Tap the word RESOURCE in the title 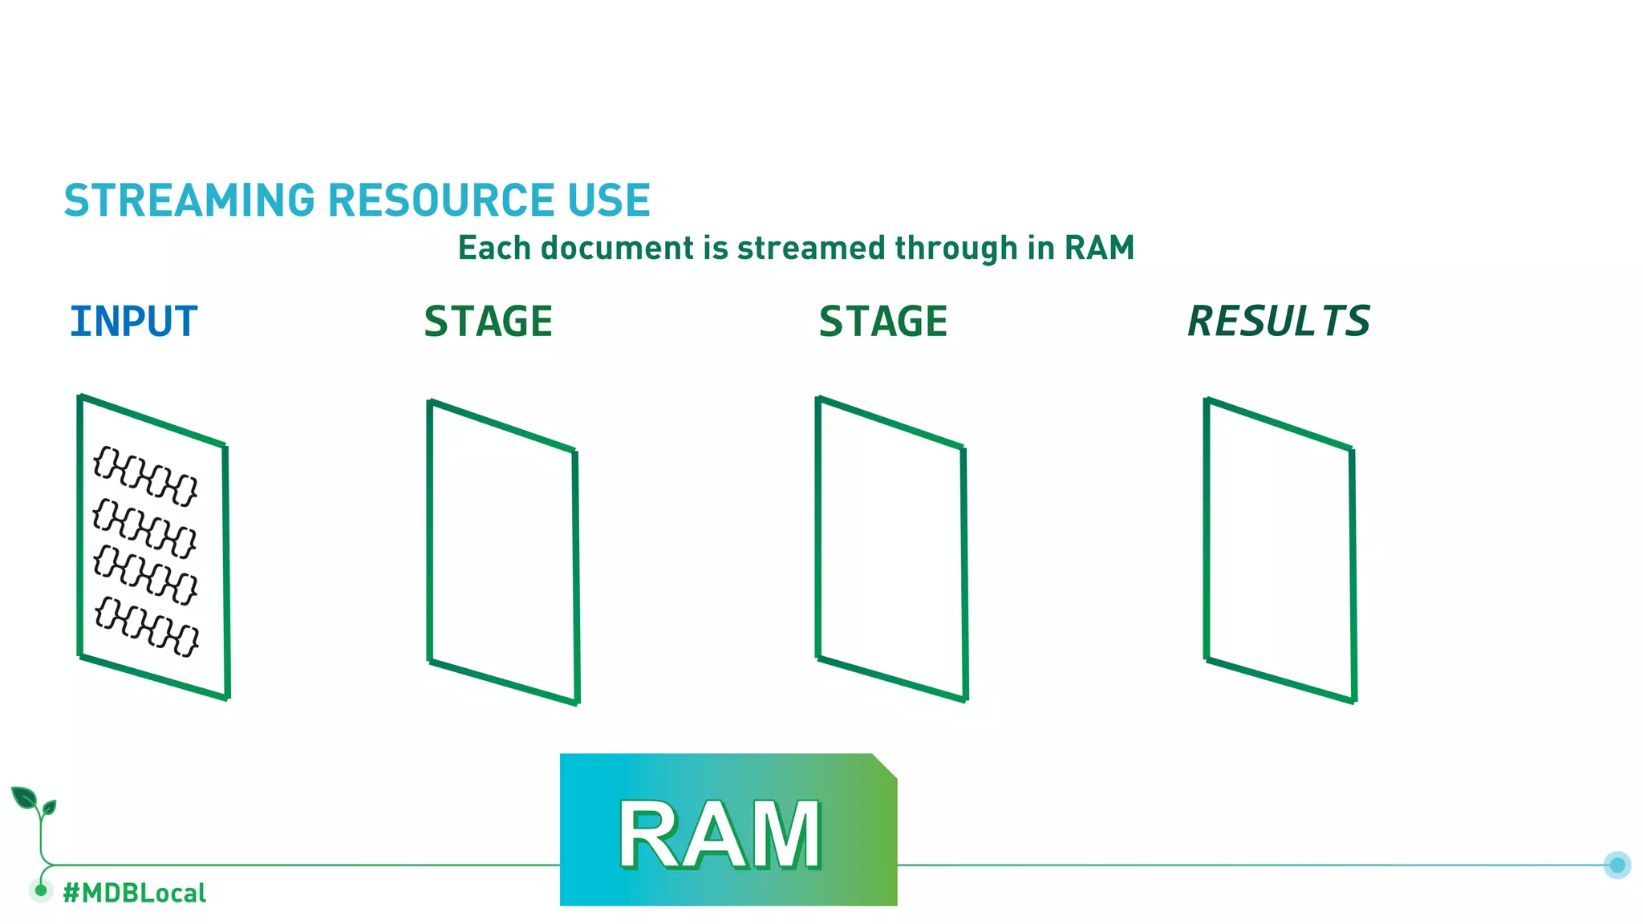pos(440,201)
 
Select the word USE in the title pos(609,201)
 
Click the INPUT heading pos(133,322)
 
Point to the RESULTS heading pos(1279,322)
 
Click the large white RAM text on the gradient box pos(720,835)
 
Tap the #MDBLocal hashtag pos(134,893)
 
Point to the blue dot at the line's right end pos(1617,865)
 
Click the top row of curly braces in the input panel pos(145,476)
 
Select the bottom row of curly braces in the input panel pos(147,626)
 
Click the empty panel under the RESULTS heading pos(1280,551)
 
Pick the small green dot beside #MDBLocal pos(41,890)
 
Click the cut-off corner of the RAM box pos(885,765)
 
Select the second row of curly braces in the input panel pos(144,528)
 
